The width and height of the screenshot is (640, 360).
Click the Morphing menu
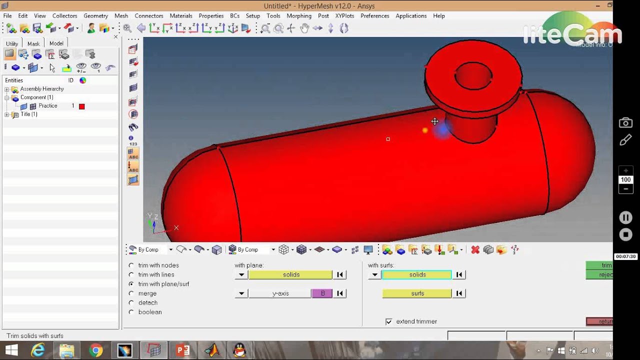[298, 16]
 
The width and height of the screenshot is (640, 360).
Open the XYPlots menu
[344, 16]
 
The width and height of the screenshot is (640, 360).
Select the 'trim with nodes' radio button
[131, 265]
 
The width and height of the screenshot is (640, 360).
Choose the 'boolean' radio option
[131, 312]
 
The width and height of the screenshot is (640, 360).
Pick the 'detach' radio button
[131, 303]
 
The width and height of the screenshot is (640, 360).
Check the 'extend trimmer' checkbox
[389, 321]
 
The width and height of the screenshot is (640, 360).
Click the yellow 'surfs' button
[417, 293]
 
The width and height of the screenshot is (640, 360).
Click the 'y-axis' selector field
[280, 293]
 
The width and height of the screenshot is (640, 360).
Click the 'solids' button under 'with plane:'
[290, 274]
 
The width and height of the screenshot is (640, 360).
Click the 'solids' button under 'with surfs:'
[417, 274]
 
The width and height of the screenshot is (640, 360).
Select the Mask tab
[33, 43]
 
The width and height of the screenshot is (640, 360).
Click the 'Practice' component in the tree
[48, 106]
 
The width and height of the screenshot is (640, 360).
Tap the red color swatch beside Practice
[82, 106]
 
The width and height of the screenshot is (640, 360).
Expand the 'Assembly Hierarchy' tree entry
[7, 89]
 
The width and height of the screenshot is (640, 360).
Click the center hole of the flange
[473, 75]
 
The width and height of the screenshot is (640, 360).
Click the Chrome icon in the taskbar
[95, 350]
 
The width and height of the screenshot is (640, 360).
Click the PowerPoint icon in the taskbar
[182, 350]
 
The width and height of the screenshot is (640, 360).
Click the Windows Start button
[11, 350]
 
